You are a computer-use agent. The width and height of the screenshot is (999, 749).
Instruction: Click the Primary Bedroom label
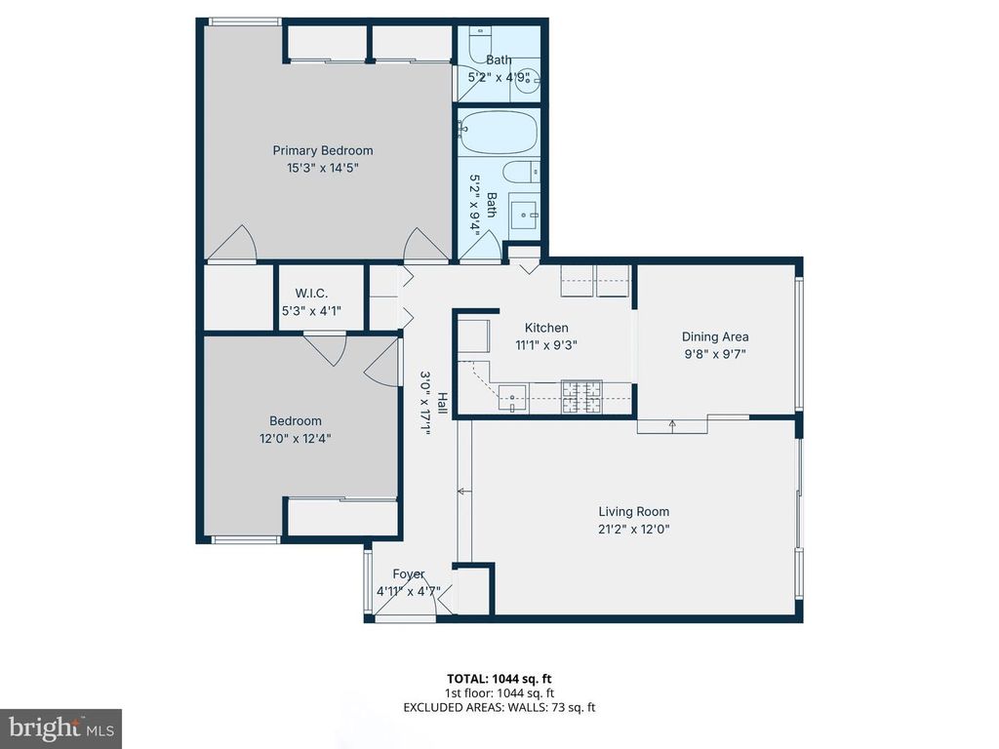(322, 150)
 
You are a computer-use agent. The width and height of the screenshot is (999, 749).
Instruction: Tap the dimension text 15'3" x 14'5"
(322, 168)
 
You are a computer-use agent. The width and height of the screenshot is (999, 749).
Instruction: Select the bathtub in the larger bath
(499, 132)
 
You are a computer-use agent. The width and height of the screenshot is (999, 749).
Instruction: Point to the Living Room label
(633, 511)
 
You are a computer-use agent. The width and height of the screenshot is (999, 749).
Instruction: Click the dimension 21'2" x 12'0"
(633, 530)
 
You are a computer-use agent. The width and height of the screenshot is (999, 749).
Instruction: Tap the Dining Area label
(714, 337)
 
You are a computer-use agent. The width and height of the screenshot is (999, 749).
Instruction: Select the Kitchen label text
(545, 328)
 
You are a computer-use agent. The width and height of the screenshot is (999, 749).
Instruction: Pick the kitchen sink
(513, 394)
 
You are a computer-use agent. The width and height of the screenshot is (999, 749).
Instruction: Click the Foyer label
(408, 574)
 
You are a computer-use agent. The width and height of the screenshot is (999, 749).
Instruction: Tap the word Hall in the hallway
(442, 403)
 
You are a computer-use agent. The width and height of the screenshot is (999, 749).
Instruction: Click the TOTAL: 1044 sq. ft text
(499, 678)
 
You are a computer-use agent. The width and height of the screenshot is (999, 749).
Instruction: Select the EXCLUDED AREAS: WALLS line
(499, 706)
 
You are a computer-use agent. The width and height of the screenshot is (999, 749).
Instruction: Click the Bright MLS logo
(60, 728)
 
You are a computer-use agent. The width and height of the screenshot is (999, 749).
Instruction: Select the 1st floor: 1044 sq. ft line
(499, 692)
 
